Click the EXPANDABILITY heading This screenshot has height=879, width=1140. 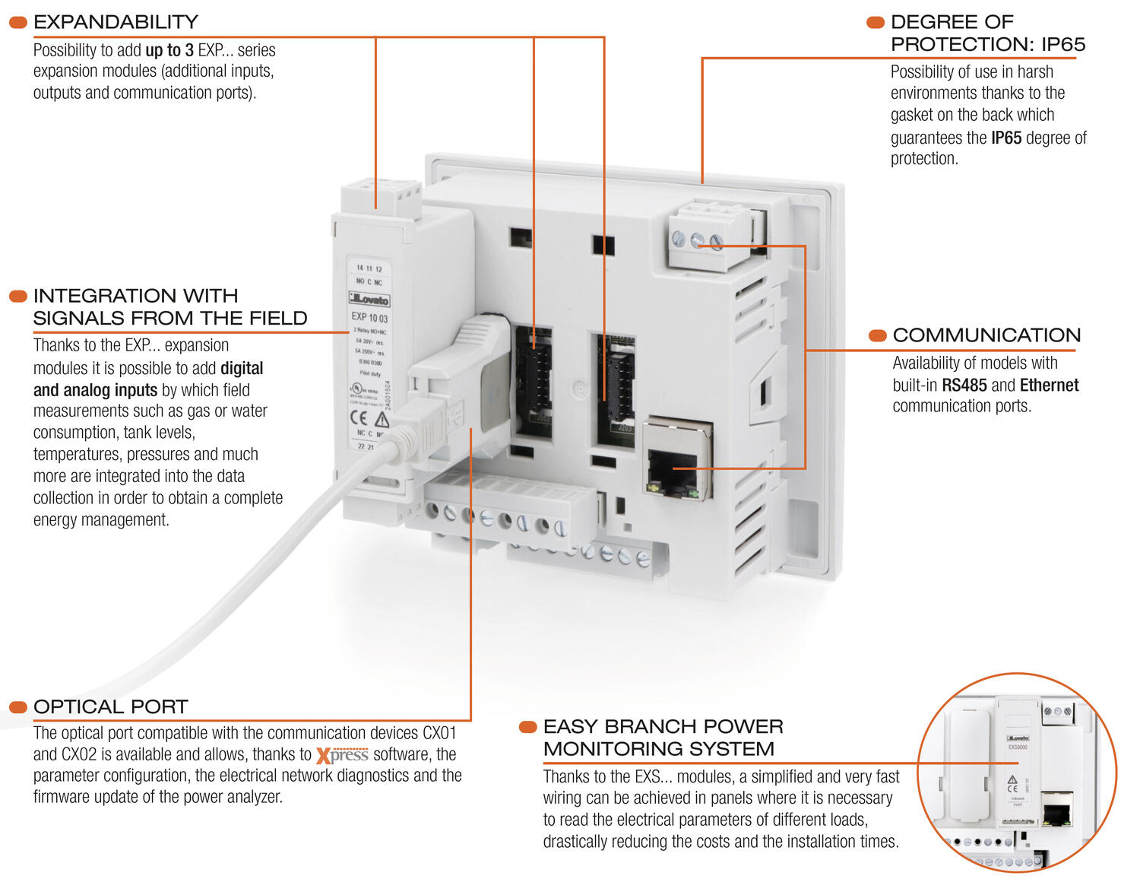coord(116,22)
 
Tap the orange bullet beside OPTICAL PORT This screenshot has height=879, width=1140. coord(17,707)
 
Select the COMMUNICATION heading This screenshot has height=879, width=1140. coord(986,335)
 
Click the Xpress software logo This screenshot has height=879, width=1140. coord(342,755)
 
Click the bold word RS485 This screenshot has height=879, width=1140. coord(964,386)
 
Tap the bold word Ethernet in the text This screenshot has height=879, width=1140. coord(1049,386)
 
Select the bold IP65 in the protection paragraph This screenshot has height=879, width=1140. coord(1006,138)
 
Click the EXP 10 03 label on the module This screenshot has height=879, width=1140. coord(369,317)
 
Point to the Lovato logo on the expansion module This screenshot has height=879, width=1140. coord(369,299)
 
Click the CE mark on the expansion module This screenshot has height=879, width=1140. coord(359,417)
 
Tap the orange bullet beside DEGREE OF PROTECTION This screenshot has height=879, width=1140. coord(876,23)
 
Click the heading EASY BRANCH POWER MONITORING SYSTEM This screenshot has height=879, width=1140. coord(663,738)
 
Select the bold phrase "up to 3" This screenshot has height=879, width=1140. coord(169,50)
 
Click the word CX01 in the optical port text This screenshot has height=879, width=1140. coord(439,733)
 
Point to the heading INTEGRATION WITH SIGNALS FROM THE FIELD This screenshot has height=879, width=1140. coord(169,307)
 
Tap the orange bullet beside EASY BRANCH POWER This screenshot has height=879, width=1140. coord(527,728)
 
